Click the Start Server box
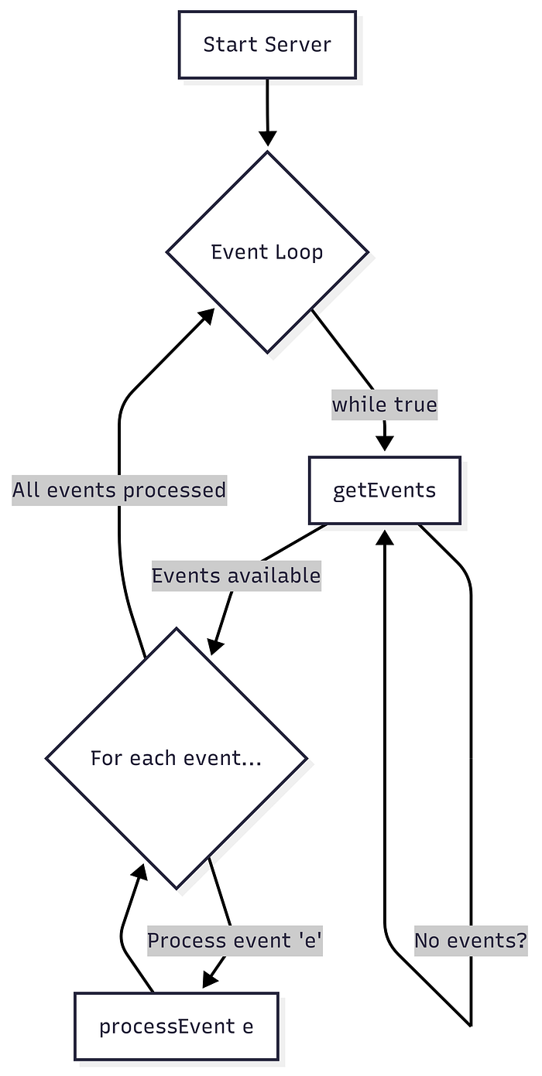[267, 45]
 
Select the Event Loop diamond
[267, 252]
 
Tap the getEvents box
[384, 490]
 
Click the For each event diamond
[177, 758]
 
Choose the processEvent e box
[176, 1026]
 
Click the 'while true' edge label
[384, 405]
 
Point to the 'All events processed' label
[119, 490]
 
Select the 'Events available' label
[235, 576]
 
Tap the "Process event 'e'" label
[235, 941]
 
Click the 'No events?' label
[471, 941]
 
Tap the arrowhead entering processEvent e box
[210, 979]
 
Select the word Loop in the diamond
[300, 252]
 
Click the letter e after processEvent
[248, 1027]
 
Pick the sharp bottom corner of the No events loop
[471, 1026]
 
